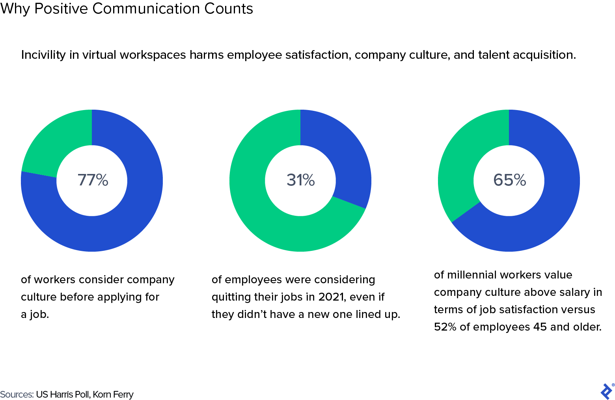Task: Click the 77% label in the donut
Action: tap(93, 180)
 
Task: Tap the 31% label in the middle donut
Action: tap(300, 180)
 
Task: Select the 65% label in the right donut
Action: tap(509, 180)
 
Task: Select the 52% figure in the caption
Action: tap(445, 327)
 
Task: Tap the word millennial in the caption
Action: tap(472, 275)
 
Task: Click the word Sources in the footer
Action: tap(17, 394)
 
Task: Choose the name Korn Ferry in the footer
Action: tap(113, 394)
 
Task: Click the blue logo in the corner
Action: tap(606, 391)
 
